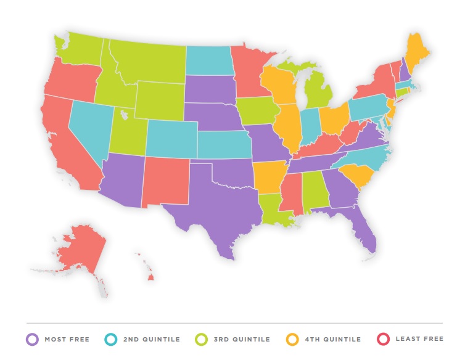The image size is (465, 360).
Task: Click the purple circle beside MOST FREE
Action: [x=32, y=339]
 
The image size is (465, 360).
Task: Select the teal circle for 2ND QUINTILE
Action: [x=112, y=339]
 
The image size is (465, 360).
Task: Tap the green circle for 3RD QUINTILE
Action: [x=200, y=339]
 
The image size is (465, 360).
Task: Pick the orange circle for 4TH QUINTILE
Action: [x=294, y=339]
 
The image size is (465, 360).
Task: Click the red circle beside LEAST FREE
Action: [x=382, y=339]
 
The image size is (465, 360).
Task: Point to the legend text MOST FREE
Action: [x=67, y=340]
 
